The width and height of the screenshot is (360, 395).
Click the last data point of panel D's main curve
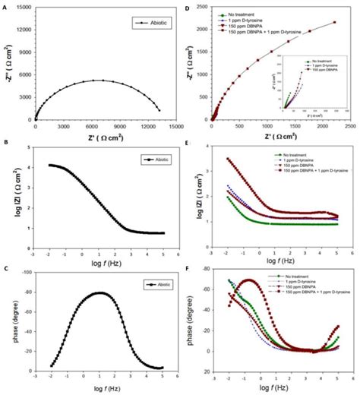point(334,22)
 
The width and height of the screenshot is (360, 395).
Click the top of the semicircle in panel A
point(96,80)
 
